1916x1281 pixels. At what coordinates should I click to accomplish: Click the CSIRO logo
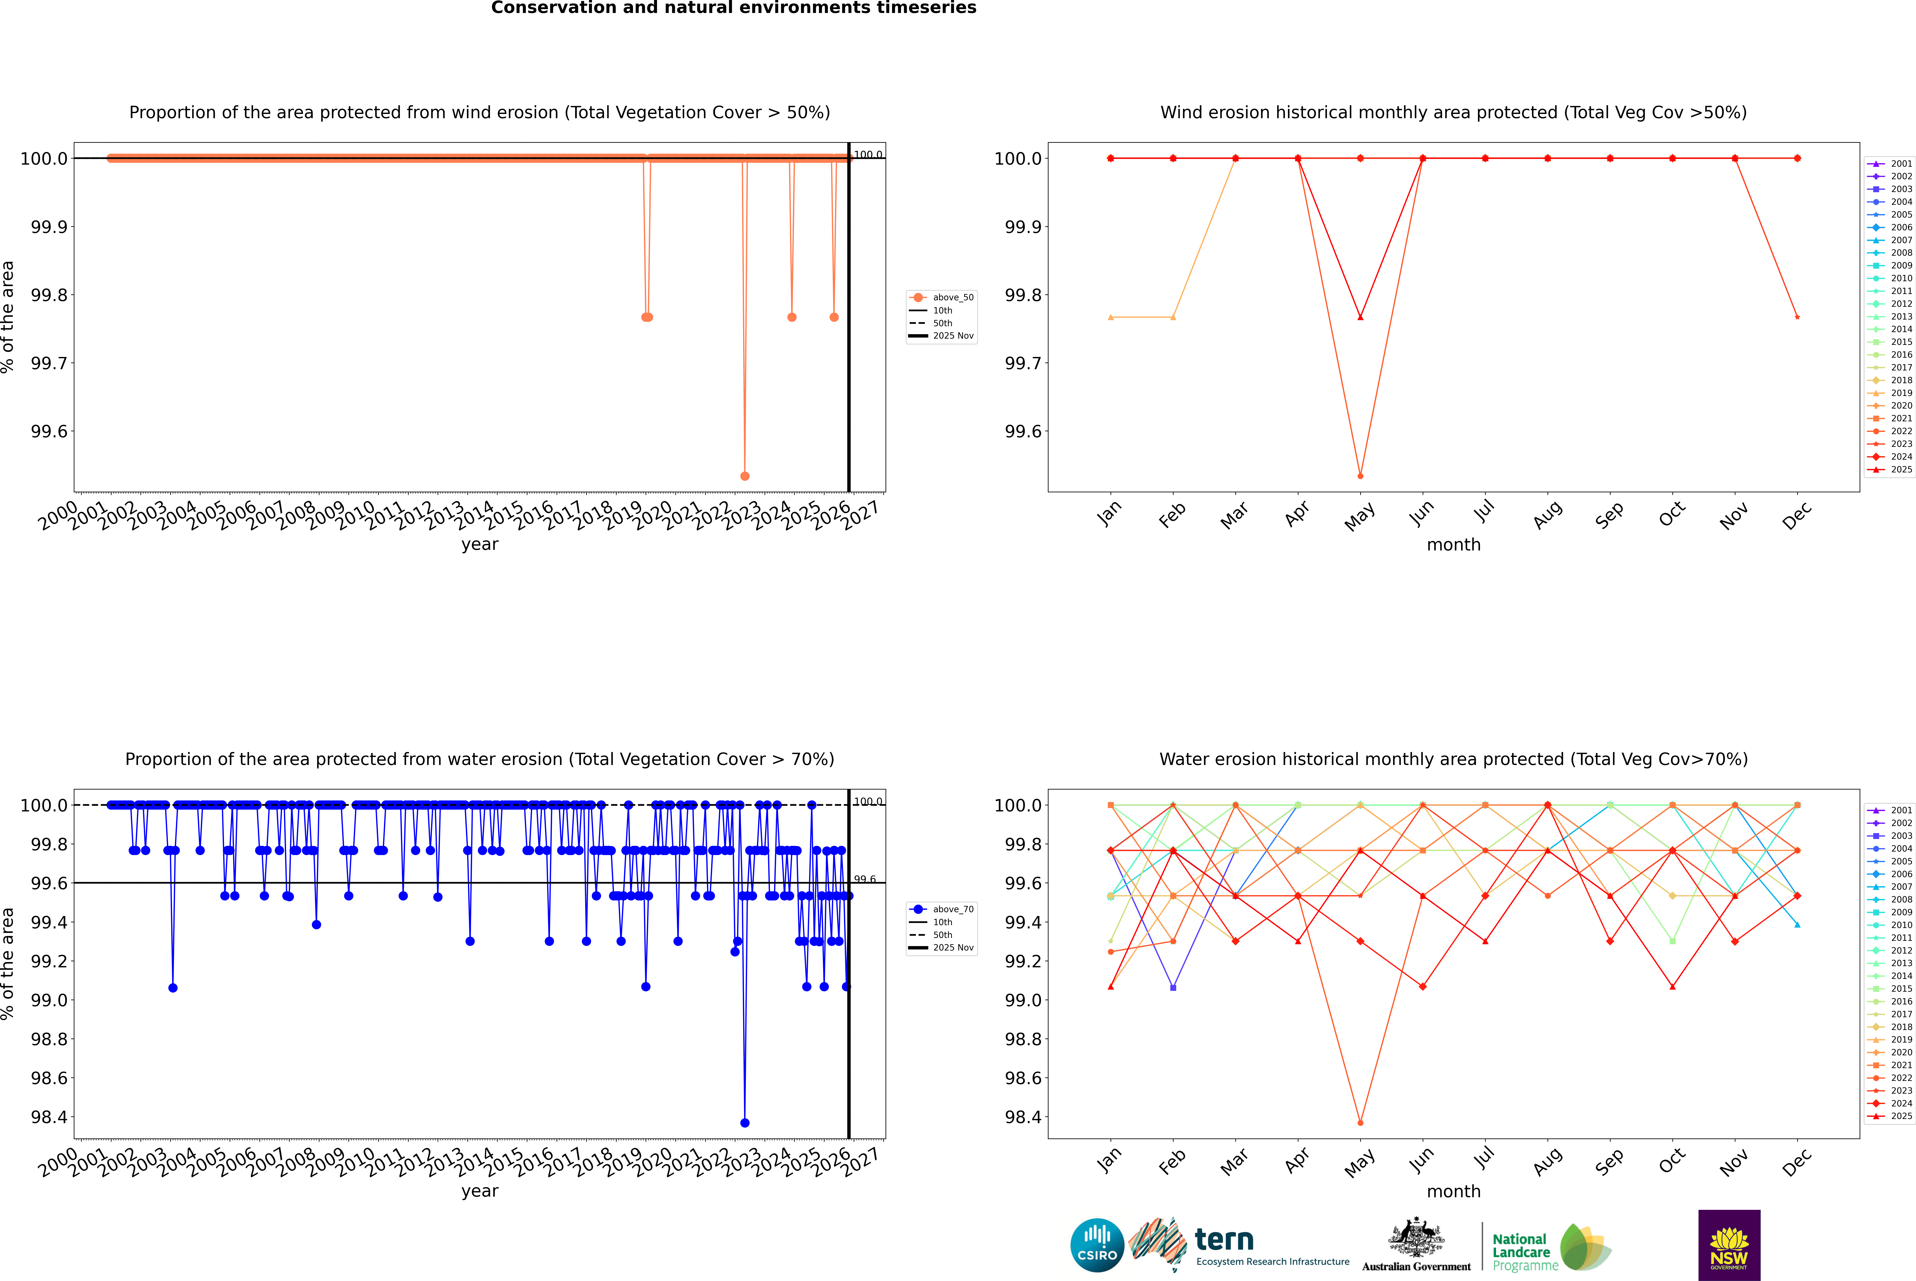coord(1097,1245)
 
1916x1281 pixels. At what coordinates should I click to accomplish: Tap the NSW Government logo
coord(1729,1245)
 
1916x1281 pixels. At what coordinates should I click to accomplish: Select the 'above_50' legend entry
coord(952,297)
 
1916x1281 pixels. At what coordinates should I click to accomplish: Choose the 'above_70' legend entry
coord(952,909)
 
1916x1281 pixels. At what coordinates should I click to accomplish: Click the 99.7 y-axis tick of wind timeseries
coord(49,363)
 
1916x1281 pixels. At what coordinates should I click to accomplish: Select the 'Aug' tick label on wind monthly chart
coord(1548,515)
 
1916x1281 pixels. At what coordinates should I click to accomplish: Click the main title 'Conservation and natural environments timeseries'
coord(733,8)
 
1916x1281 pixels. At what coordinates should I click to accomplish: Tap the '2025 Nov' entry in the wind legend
coord(952,336)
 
